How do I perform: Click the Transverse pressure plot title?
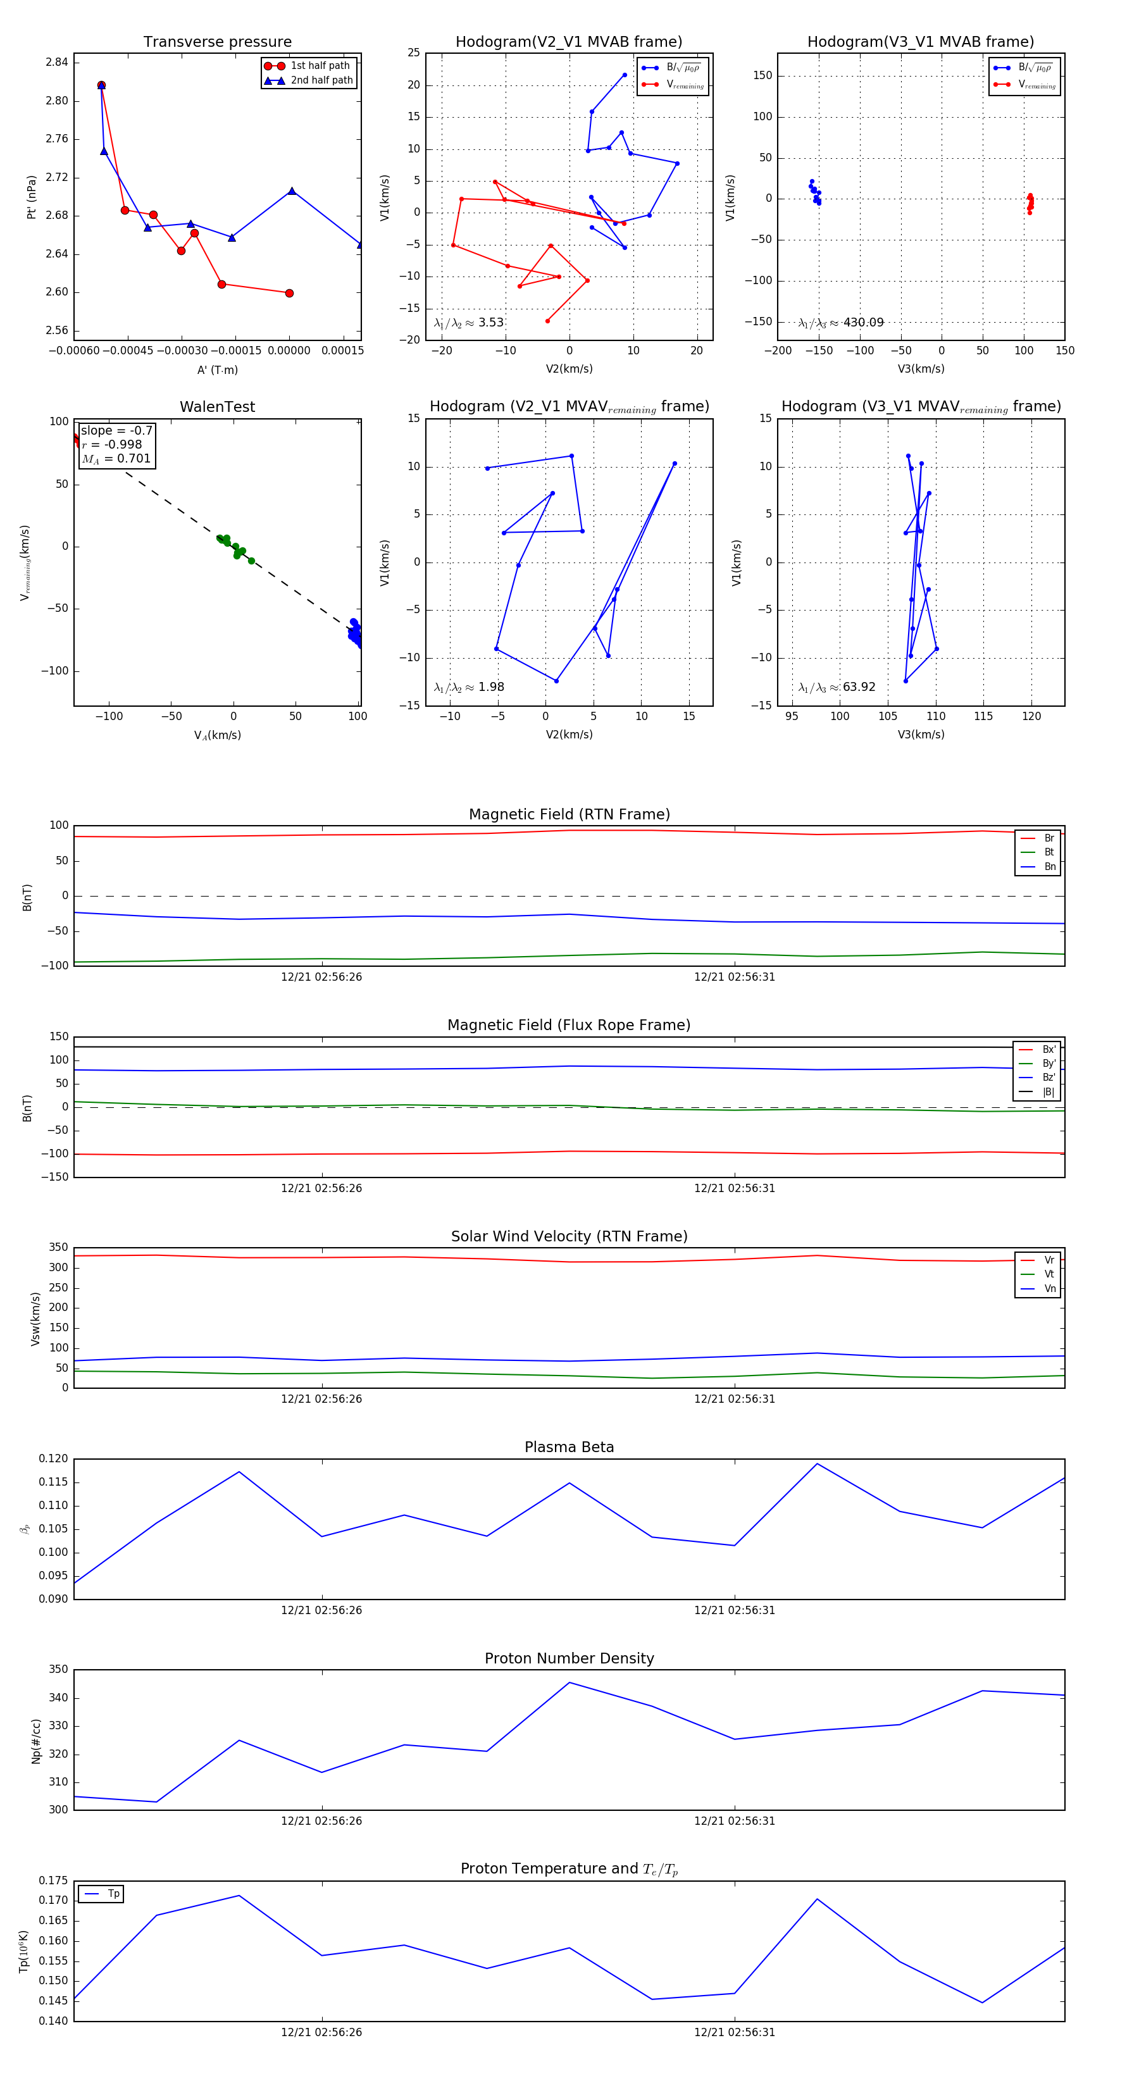[x=217, y=42]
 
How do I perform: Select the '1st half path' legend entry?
[x=320, y=66]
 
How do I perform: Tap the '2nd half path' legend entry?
[x=321, y=80]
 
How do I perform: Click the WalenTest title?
[x=217, y=407]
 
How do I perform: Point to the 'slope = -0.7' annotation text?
[x=116, y=430]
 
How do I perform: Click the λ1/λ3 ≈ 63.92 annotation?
[x=837, y=687]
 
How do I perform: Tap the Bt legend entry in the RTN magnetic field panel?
[x=1049, y=852]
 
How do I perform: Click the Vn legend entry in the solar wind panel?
[x=1049, y=1288]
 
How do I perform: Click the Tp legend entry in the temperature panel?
[x=113, y=1894]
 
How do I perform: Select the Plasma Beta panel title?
[x=569, y=1447]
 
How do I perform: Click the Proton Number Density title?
[x=569, y=1658]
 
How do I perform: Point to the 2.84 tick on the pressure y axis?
[x=57, y=63]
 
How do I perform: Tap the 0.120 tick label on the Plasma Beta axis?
[x=54, y=1459]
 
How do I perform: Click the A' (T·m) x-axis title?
[x=217, y=370]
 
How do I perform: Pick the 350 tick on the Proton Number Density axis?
[x=58, y=1670]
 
